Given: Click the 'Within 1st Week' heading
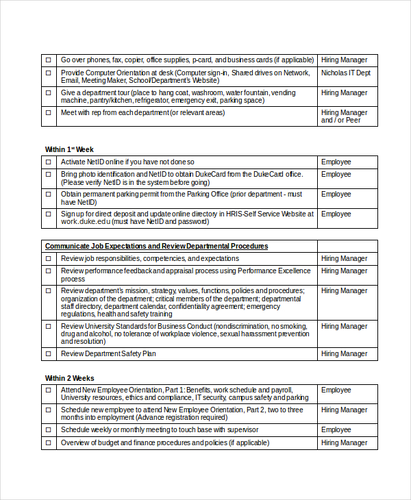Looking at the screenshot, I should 69,149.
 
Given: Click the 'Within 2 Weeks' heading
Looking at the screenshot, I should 69,378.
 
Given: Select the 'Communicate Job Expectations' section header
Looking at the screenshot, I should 156,246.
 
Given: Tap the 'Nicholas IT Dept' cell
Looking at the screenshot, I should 346,73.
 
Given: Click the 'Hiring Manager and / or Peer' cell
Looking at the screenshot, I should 344,116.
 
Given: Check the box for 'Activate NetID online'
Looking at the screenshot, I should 49,162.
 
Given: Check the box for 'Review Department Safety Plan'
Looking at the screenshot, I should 49,354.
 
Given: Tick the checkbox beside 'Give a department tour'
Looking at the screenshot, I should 49,92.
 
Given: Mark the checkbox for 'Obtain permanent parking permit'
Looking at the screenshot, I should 49,195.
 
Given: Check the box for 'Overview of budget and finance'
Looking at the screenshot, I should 49,443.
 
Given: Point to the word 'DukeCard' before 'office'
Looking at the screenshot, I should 254,175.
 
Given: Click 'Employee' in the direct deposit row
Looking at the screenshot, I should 336,214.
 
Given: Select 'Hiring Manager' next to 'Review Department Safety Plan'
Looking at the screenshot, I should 345,354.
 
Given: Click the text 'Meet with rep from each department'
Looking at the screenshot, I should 142,112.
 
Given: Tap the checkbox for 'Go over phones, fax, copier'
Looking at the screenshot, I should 49,60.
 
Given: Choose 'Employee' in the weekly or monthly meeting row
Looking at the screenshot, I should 336,430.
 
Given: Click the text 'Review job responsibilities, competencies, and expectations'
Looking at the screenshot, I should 150,259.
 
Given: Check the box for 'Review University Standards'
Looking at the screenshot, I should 49,327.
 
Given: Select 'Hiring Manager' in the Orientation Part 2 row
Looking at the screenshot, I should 345,410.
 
